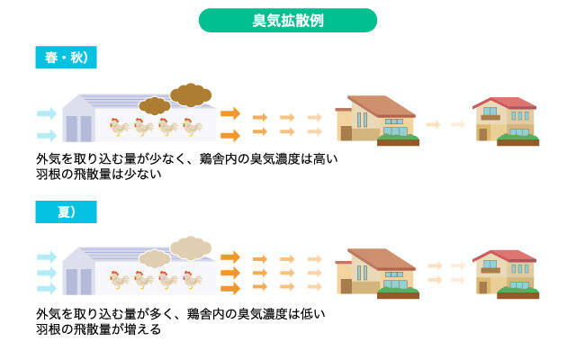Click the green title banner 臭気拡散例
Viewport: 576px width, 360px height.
pyautogui.click(x=288, y=20)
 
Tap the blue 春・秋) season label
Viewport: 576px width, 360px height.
pyautogui.click(x=66, y=58)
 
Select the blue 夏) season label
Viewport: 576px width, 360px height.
pyautogui.click(x=66, y=212)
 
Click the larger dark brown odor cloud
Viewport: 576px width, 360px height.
pyautogui.click(x=191, y=94)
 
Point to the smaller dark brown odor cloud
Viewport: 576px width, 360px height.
pyautogui.click(x=155, y=106)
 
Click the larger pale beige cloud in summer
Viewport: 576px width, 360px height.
pyautogui.click(x=191, y=248)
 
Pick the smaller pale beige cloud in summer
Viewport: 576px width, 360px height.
pyautogui.click(x=155, y=258)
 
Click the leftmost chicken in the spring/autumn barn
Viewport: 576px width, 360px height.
pyautogui.click(x=119, y=127)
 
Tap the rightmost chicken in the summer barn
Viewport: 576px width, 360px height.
pyautogui.click(x=193, y=280)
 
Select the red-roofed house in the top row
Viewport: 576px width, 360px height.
pyautogui.click(x=506, y=121)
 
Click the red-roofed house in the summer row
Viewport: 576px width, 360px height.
pyautogui.click(x=506, y=274)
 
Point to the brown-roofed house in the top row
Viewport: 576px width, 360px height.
pyautogui.click(x=377, y=121)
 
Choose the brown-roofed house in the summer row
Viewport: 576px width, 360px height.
pyautogui.click(x=377, y=274)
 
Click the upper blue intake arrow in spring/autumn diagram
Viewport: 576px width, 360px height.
pyautogui.click(x=47, y=113)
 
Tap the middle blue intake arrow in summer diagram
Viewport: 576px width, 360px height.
pyautogui.click(x=47, y=273)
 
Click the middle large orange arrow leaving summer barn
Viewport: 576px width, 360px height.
pyautogui.click(x=230, y=273)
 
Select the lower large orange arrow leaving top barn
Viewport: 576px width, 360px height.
pyautogui.click(x=230, y=135)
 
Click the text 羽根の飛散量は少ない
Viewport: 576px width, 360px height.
pyautogui.click(x=99, y=174)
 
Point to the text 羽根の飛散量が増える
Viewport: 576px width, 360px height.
pyautogui.click(x=98, y=329)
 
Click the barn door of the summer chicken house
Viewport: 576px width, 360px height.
pyautogui.click(x=78, y=282)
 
